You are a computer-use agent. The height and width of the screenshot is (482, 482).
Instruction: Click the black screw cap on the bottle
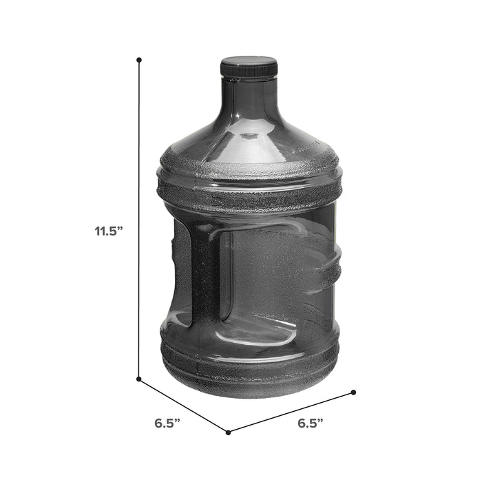249,67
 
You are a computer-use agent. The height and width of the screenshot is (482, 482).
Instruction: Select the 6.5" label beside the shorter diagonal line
167,423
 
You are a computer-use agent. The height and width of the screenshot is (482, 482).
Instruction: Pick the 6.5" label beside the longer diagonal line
311,423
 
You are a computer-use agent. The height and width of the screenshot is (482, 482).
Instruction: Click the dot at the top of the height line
139,60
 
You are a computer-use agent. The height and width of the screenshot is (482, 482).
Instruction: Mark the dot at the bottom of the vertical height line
139,379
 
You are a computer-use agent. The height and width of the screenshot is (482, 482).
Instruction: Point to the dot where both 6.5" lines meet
228,432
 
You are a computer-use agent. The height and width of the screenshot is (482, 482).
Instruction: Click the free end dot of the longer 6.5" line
353,392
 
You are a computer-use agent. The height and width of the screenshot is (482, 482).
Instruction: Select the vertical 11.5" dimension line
139,219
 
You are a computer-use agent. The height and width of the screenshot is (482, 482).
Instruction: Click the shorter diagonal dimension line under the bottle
184,406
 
